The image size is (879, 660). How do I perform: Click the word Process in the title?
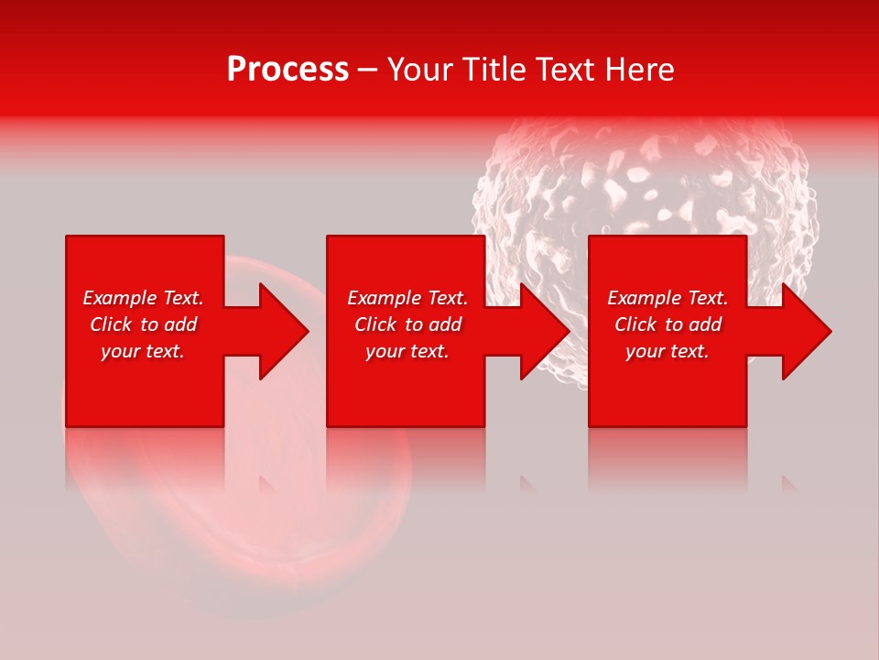pos(288,70)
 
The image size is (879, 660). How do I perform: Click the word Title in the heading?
pos(495,70)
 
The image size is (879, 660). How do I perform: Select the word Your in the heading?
pos(422,70)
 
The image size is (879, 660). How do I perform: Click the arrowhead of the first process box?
pos(279,331)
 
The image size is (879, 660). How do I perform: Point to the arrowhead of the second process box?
pos(541,331)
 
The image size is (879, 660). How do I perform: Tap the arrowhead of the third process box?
pos(803,331)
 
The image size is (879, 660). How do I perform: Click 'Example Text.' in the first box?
pos(143,298)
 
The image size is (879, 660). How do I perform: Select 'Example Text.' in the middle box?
pos(407,298)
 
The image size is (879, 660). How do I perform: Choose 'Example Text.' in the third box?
pos(667,298)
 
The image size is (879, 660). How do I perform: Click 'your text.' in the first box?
pos(143,351)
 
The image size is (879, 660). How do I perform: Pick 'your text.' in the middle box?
pos(407,351)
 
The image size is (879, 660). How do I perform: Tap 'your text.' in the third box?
pos(667,351)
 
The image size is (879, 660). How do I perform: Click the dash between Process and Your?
pos(368,71)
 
